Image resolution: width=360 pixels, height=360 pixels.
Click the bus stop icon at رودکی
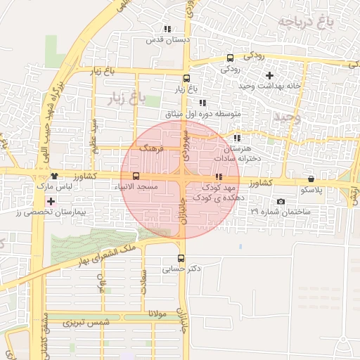coord(230,59)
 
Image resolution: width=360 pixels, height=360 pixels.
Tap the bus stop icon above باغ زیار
coord(186,79)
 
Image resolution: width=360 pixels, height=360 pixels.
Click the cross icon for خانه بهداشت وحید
coord(269,75)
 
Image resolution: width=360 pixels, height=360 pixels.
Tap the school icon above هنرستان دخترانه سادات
coord(236,139)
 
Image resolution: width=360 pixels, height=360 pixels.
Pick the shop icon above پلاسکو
coord(311,179)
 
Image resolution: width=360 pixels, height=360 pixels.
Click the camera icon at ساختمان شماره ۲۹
coord(281,202)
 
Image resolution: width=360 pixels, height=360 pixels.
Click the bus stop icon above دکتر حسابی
coord(182,258)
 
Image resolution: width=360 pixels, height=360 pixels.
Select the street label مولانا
coord(156,314)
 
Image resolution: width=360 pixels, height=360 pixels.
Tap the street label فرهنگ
coord(151,148)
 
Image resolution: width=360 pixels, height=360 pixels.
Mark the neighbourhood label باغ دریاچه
coord(304,22)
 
